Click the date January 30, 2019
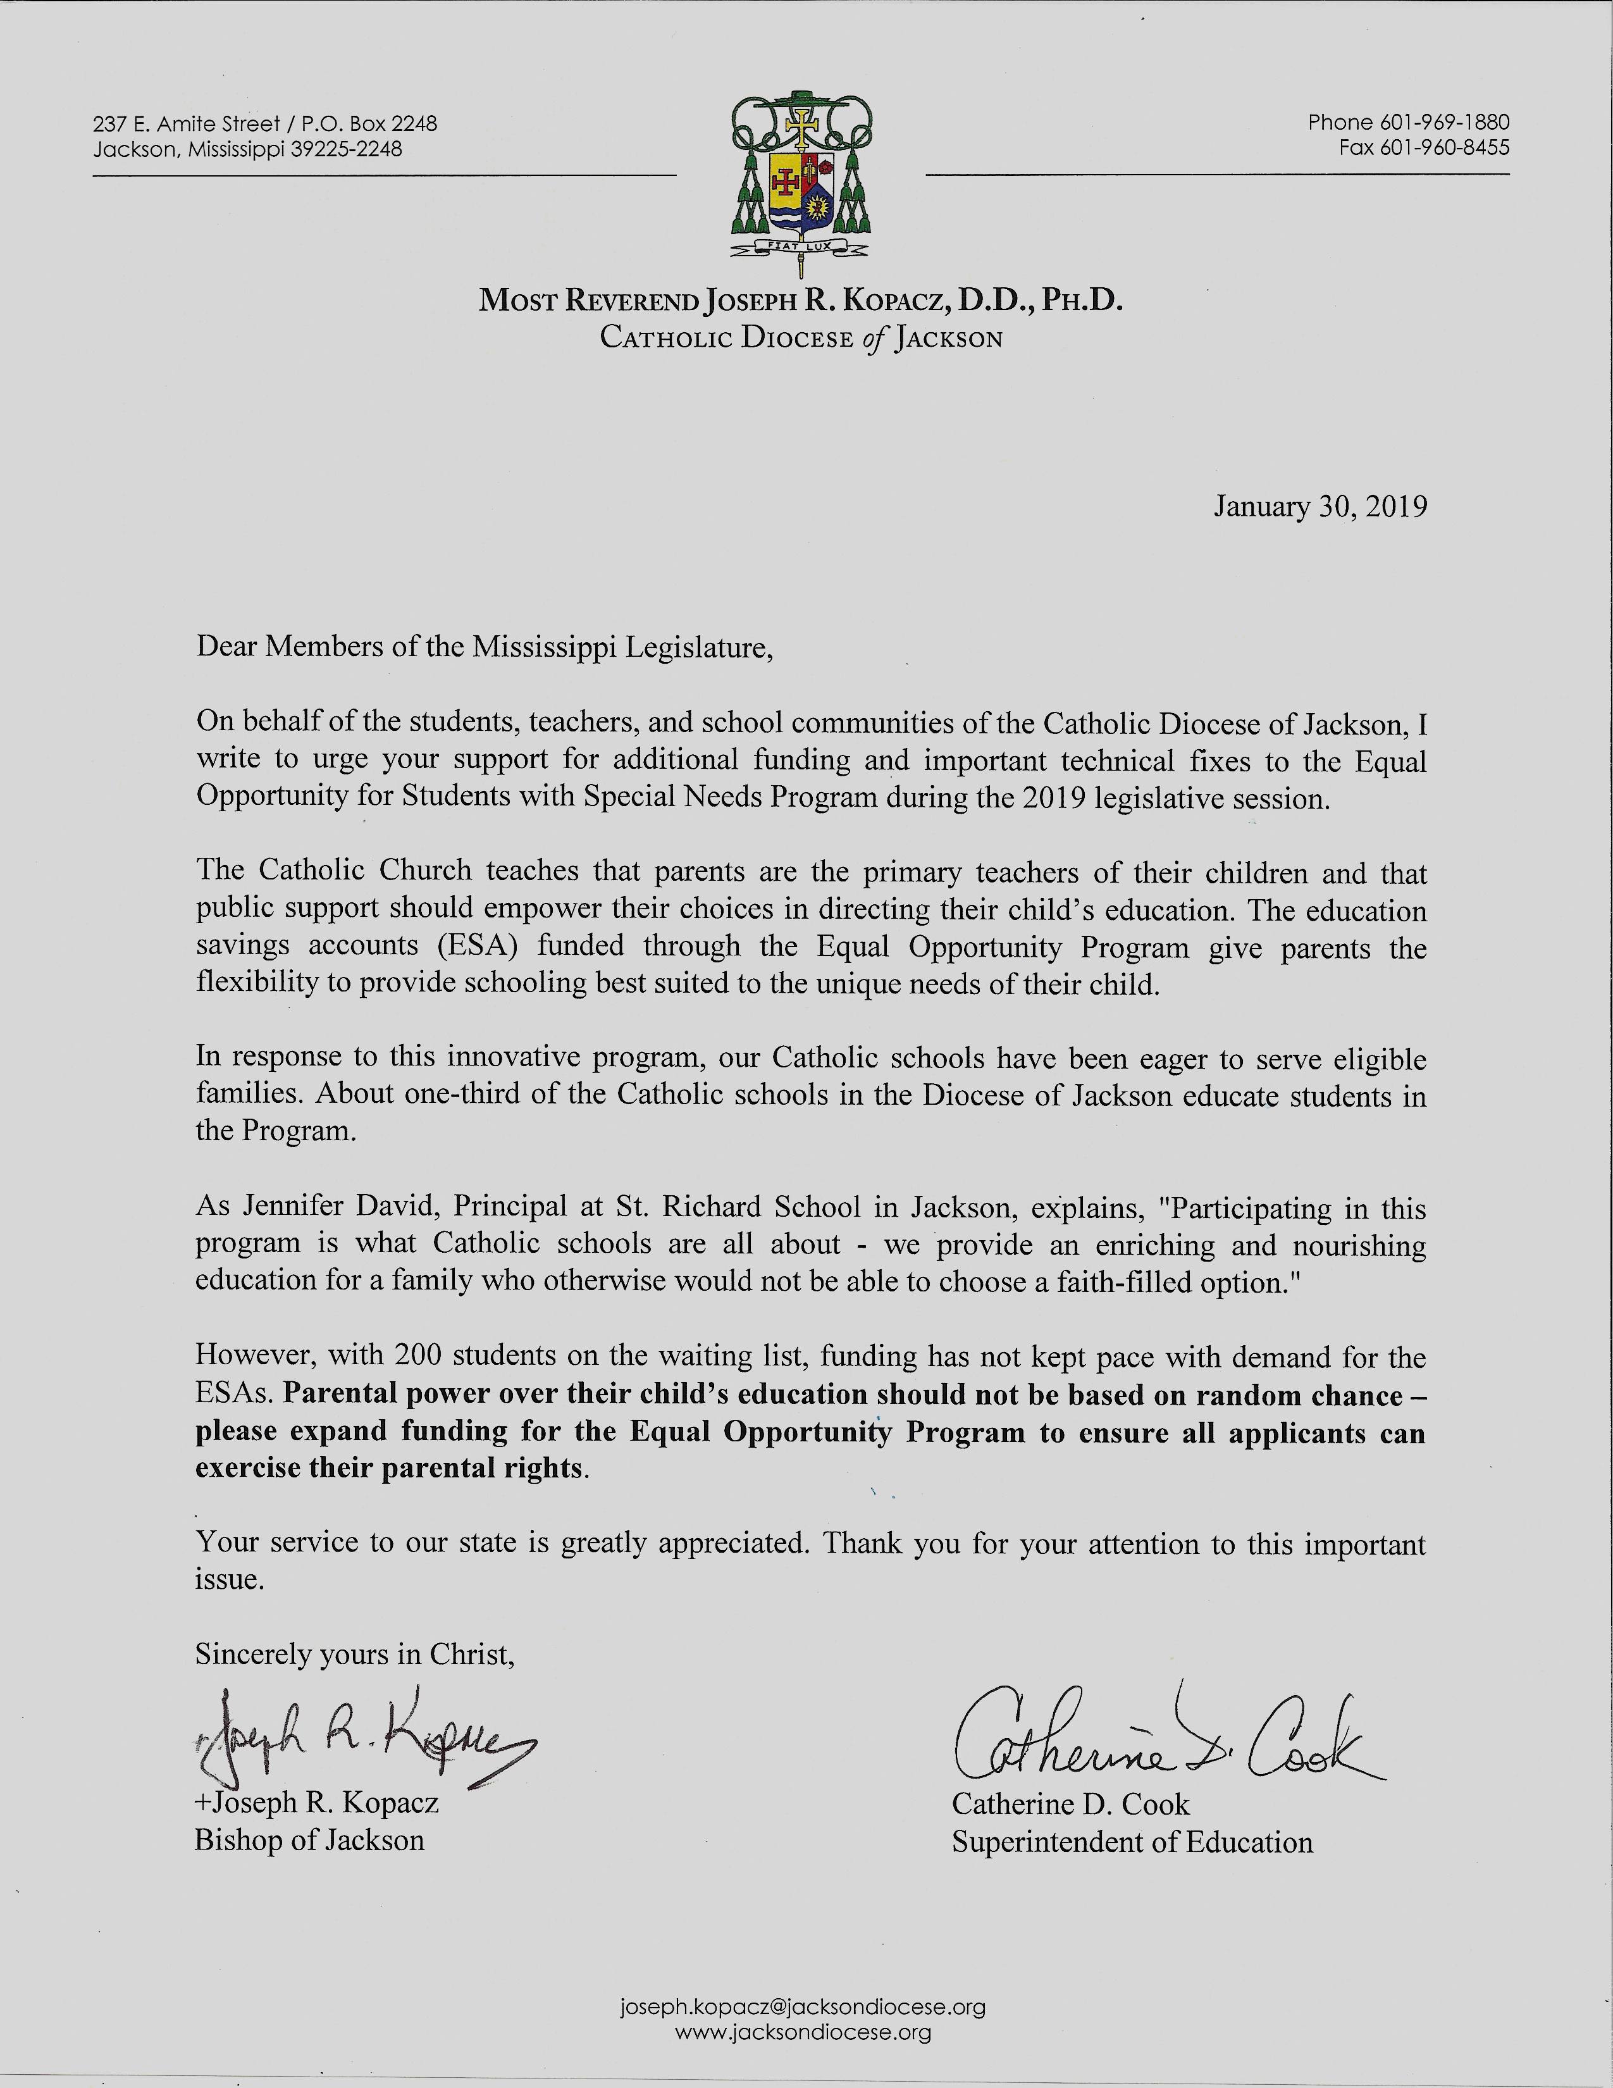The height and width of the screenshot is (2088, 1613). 1321,506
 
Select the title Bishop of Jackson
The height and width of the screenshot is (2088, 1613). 309,1841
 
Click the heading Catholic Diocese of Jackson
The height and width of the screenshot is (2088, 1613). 801,339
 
